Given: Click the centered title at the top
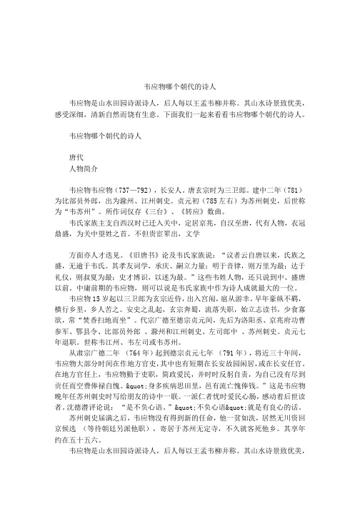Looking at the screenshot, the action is (180, 81).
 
